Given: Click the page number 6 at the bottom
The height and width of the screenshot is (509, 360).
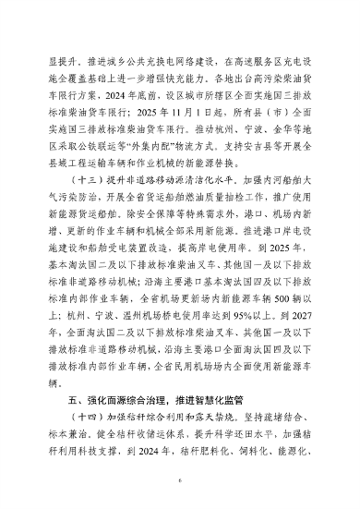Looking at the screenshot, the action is [x=181, y=479].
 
